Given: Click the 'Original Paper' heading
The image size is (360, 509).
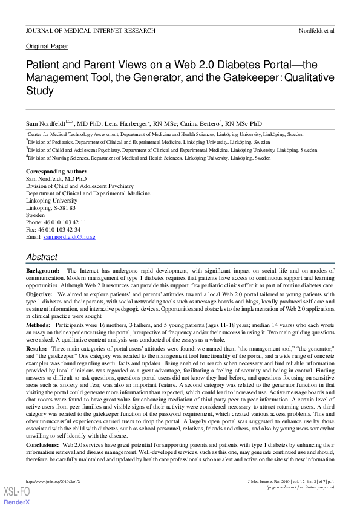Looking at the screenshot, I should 47,46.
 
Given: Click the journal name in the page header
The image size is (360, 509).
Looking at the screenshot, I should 90,30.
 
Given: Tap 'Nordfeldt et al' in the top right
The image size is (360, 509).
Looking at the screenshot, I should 316,30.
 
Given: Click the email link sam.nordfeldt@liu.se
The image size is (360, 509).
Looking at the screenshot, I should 69,237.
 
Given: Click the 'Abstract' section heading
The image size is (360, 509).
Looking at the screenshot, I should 41,258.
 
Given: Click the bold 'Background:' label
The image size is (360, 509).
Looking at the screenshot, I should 42,270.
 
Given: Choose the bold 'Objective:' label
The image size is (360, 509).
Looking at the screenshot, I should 39,293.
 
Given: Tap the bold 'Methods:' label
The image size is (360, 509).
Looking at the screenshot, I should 38,325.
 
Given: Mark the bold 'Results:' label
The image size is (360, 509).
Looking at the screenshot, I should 37,348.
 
